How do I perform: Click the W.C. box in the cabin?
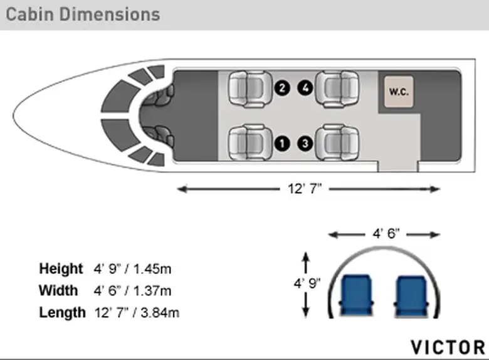pos(399,92)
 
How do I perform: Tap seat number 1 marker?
pos(282,144)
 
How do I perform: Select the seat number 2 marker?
pos(282,88)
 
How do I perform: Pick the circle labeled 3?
pos(305,144)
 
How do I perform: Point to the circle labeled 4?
pos(305,88)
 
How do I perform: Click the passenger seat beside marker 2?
pos(250,88)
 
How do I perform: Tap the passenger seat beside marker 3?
pos(337,143)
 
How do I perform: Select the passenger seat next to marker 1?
pos(250,143)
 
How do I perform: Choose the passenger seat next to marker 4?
pos(337,88)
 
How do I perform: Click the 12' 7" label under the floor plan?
pos(305,189)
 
